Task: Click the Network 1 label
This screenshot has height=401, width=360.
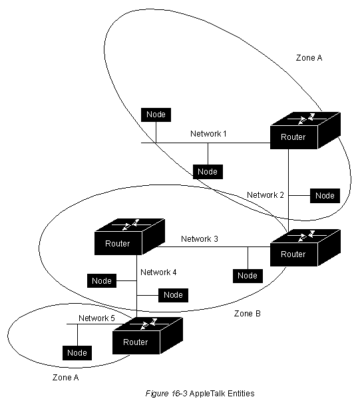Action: click(x=208, y=133)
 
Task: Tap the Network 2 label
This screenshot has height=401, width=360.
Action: click(x=266, y=195)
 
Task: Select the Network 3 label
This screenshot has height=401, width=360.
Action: click(x=199, y=239)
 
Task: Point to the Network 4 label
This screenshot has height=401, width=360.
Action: click(x=158, y=272)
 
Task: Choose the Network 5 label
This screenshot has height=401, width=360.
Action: click(x=96, y=318)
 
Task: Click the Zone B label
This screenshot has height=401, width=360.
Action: click(x=248, y=314)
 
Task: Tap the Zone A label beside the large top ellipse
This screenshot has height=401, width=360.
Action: click(x=309, y=58)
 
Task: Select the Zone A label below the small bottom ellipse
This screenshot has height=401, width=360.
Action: click(x=65, y=378)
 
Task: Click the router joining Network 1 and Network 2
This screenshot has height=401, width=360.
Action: click(x=305, y=131)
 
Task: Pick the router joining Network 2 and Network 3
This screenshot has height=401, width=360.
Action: click(x=305, y=248)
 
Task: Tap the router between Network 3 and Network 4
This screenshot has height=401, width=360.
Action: click(x=130, y=237)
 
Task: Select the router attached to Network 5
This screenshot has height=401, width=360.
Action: click(x=148, y=336)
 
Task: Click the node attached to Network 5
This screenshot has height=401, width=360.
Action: click(x=77, y=353)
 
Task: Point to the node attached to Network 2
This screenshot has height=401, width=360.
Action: click(x=325, y=196)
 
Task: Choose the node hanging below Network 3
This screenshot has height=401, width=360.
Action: click(x=248, y=276)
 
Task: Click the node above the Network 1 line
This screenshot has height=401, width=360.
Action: click(x=156, y=115)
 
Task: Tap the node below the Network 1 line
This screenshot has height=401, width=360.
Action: click(x=208, y=172)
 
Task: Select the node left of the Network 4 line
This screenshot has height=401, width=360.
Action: click(x=102, y=281)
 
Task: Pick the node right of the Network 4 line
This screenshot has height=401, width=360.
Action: click(x=173, y=295)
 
